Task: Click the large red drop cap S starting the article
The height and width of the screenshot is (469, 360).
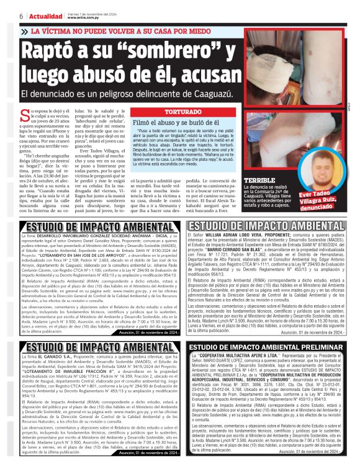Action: [25, 115]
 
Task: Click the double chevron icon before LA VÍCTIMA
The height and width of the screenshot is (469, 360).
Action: [24, 30]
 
